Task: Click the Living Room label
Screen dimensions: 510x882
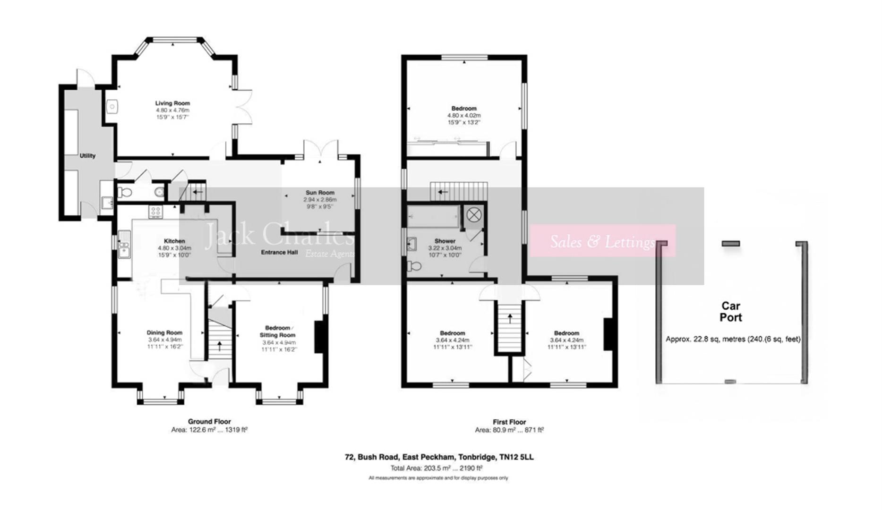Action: coord(172,103)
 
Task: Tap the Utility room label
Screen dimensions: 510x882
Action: coord(87,156)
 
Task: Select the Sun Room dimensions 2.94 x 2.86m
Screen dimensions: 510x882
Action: coord(320,200)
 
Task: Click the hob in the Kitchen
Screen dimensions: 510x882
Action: coord(155,212)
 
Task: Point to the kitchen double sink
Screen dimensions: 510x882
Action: coord(124,245)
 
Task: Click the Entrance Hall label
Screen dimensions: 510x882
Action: coord(279,253)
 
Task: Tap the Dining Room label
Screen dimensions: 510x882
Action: coord(164,332)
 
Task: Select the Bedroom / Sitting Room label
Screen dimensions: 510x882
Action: coord(277,331)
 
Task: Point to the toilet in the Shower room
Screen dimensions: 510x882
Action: coord(414,266)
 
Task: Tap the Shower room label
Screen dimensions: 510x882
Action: coord(445,241)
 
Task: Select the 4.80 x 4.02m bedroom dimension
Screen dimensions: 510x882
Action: coord(464,115)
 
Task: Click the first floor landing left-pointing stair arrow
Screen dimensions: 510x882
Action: coord(443,192)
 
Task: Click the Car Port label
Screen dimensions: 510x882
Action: coord(730,312)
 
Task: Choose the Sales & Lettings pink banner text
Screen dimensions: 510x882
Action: coord(602,242)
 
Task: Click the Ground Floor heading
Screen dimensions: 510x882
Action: coord(209,422)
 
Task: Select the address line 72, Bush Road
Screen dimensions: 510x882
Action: coord(439,457)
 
